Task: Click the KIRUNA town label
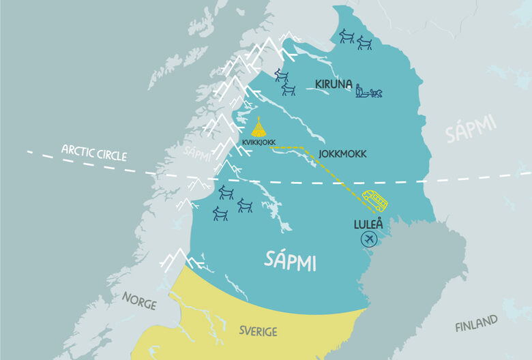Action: [334, 85]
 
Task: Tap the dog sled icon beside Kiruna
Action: [369, 89]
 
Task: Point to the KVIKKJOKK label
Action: [259, 142]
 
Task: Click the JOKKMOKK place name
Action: [342, 154]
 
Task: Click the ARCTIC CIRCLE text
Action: [94, 151]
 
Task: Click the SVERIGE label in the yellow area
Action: [258, 331]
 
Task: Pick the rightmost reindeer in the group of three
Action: [245, 205]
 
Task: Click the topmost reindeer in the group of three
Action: [224, 193]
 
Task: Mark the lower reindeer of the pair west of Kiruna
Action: [289, 89]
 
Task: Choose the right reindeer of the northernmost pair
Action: [364, 43]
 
